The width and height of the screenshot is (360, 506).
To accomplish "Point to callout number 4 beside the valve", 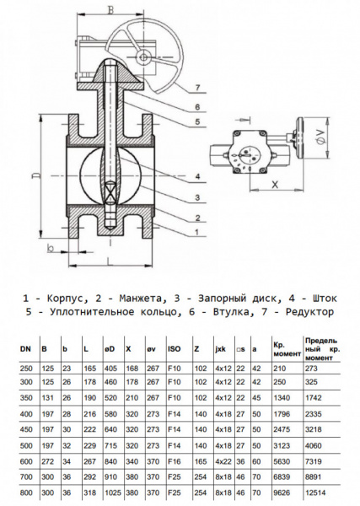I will pos(195,176).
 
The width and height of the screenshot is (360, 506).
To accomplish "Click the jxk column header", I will pos(221,347).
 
